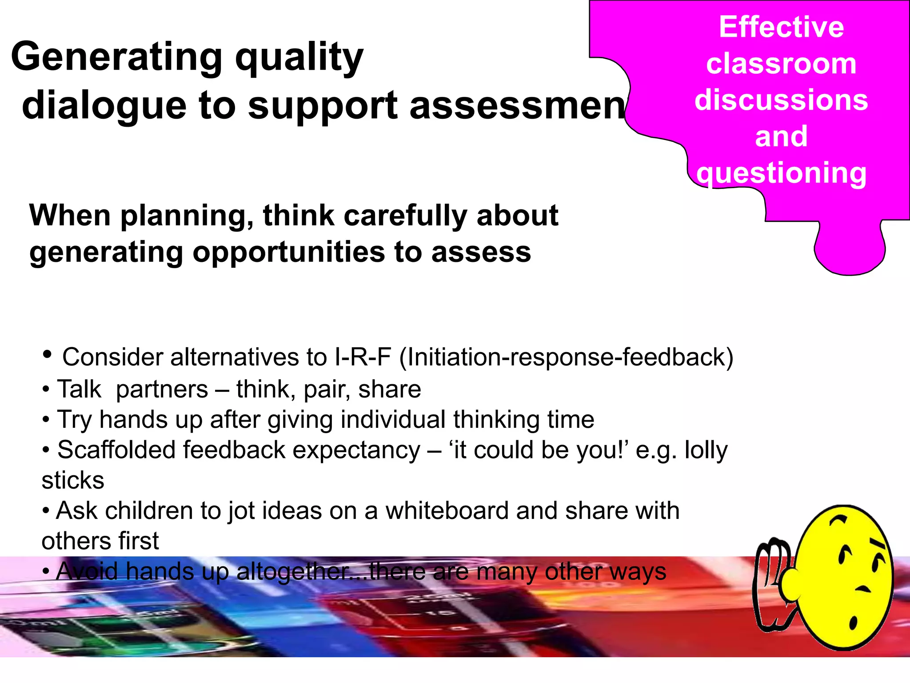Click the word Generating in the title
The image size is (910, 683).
(116, 57)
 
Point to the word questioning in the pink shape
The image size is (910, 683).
(781, 173)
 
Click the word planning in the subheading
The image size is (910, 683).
(187, 216)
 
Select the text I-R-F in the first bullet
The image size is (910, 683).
(363, 357)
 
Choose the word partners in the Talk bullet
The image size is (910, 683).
(162, 390)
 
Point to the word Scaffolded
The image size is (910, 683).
(116, 450)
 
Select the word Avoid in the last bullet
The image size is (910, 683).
(87, 571)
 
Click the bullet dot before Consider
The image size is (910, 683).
(47, 355)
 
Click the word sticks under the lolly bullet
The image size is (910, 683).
(73, 481)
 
